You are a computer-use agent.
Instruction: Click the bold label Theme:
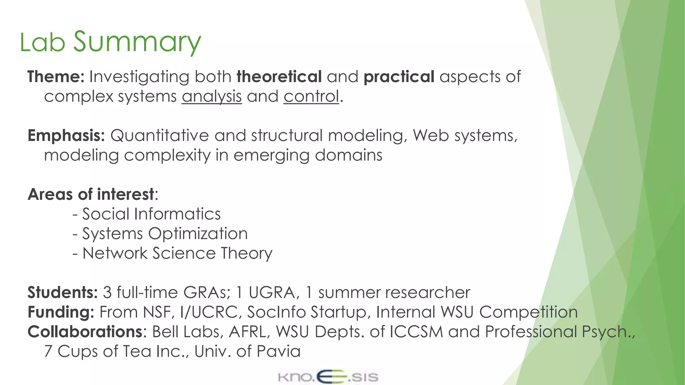tap(56, 77)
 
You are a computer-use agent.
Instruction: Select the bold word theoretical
tap(279, 77)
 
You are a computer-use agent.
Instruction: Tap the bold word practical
tap(399, 77)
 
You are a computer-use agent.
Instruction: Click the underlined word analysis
tap(212, 97)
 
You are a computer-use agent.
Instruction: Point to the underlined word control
tap(311, 97)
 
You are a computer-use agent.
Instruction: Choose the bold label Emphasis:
tap(66, 135)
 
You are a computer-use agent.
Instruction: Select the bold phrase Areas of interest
tap(91, 194)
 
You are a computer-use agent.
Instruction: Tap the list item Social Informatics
tap(151, 214)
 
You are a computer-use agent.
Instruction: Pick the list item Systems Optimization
tap(165, 234)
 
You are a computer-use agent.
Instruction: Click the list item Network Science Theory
tap(177, 253)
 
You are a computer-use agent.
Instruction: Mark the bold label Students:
tap(62, 292)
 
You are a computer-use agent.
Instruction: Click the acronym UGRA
tap(272, 292)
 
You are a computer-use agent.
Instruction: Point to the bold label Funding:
tap(61, 312)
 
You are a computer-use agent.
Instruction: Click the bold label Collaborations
tap(85, 332)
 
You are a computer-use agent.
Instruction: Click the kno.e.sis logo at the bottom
tap(328, 377)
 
